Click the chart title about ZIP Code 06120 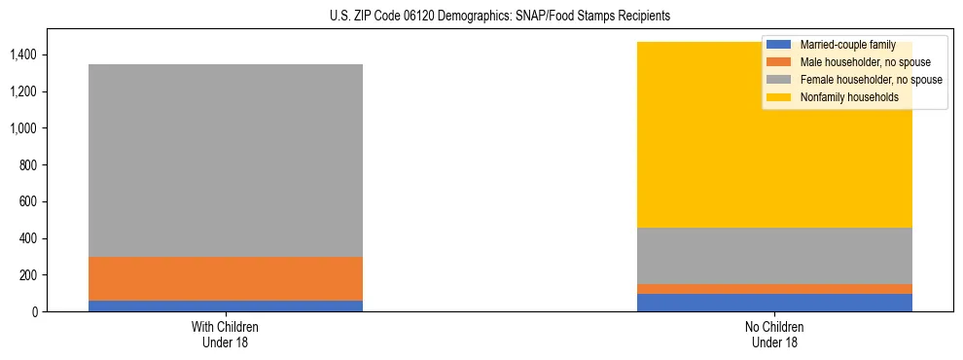(x=500, y=17)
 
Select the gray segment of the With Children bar (x=225, y=161)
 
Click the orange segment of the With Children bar (x=225, y=278)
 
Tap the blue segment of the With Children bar (x=225, y=306)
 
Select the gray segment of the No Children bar (x=774, y=256)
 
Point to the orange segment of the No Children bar (x=774, y=289)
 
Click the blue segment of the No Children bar (x=774, y=303)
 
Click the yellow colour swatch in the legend (x=779, y=97)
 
